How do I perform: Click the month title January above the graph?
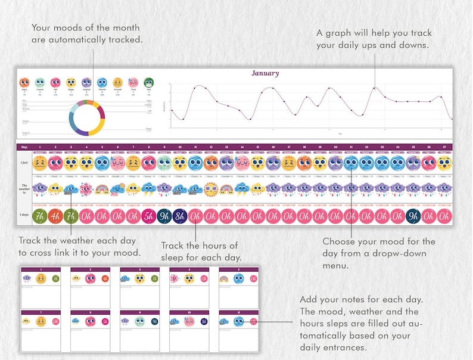click(x=265, y=73)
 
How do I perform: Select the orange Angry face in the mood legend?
click(x=24, y=83)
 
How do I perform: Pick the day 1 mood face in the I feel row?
click(x=40, y=163)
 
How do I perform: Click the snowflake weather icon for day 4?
click(x=86, y=190)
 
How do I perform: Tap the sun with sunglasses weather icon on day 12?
click(x=210, y=190)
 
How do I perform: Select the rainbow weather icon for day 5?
click(x=102, y=190)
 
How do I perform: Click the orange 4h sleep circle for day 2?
click(x=55, y=215)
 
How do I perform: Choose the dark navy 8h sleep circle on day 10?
click(x=179, y=215)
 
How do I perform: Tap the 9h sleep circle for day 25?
click(x=412, y=215)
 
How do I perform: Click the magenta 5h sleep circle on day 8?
click(x=148, y=215)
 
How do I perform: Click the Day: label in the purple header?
click(x=24, y=147)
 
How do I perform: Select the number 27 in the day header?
click(x=443, y=147)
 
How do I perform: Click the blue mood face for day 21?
click(x=350, y=163)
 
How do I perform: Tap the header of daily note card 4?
click(x=189, y=269)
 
